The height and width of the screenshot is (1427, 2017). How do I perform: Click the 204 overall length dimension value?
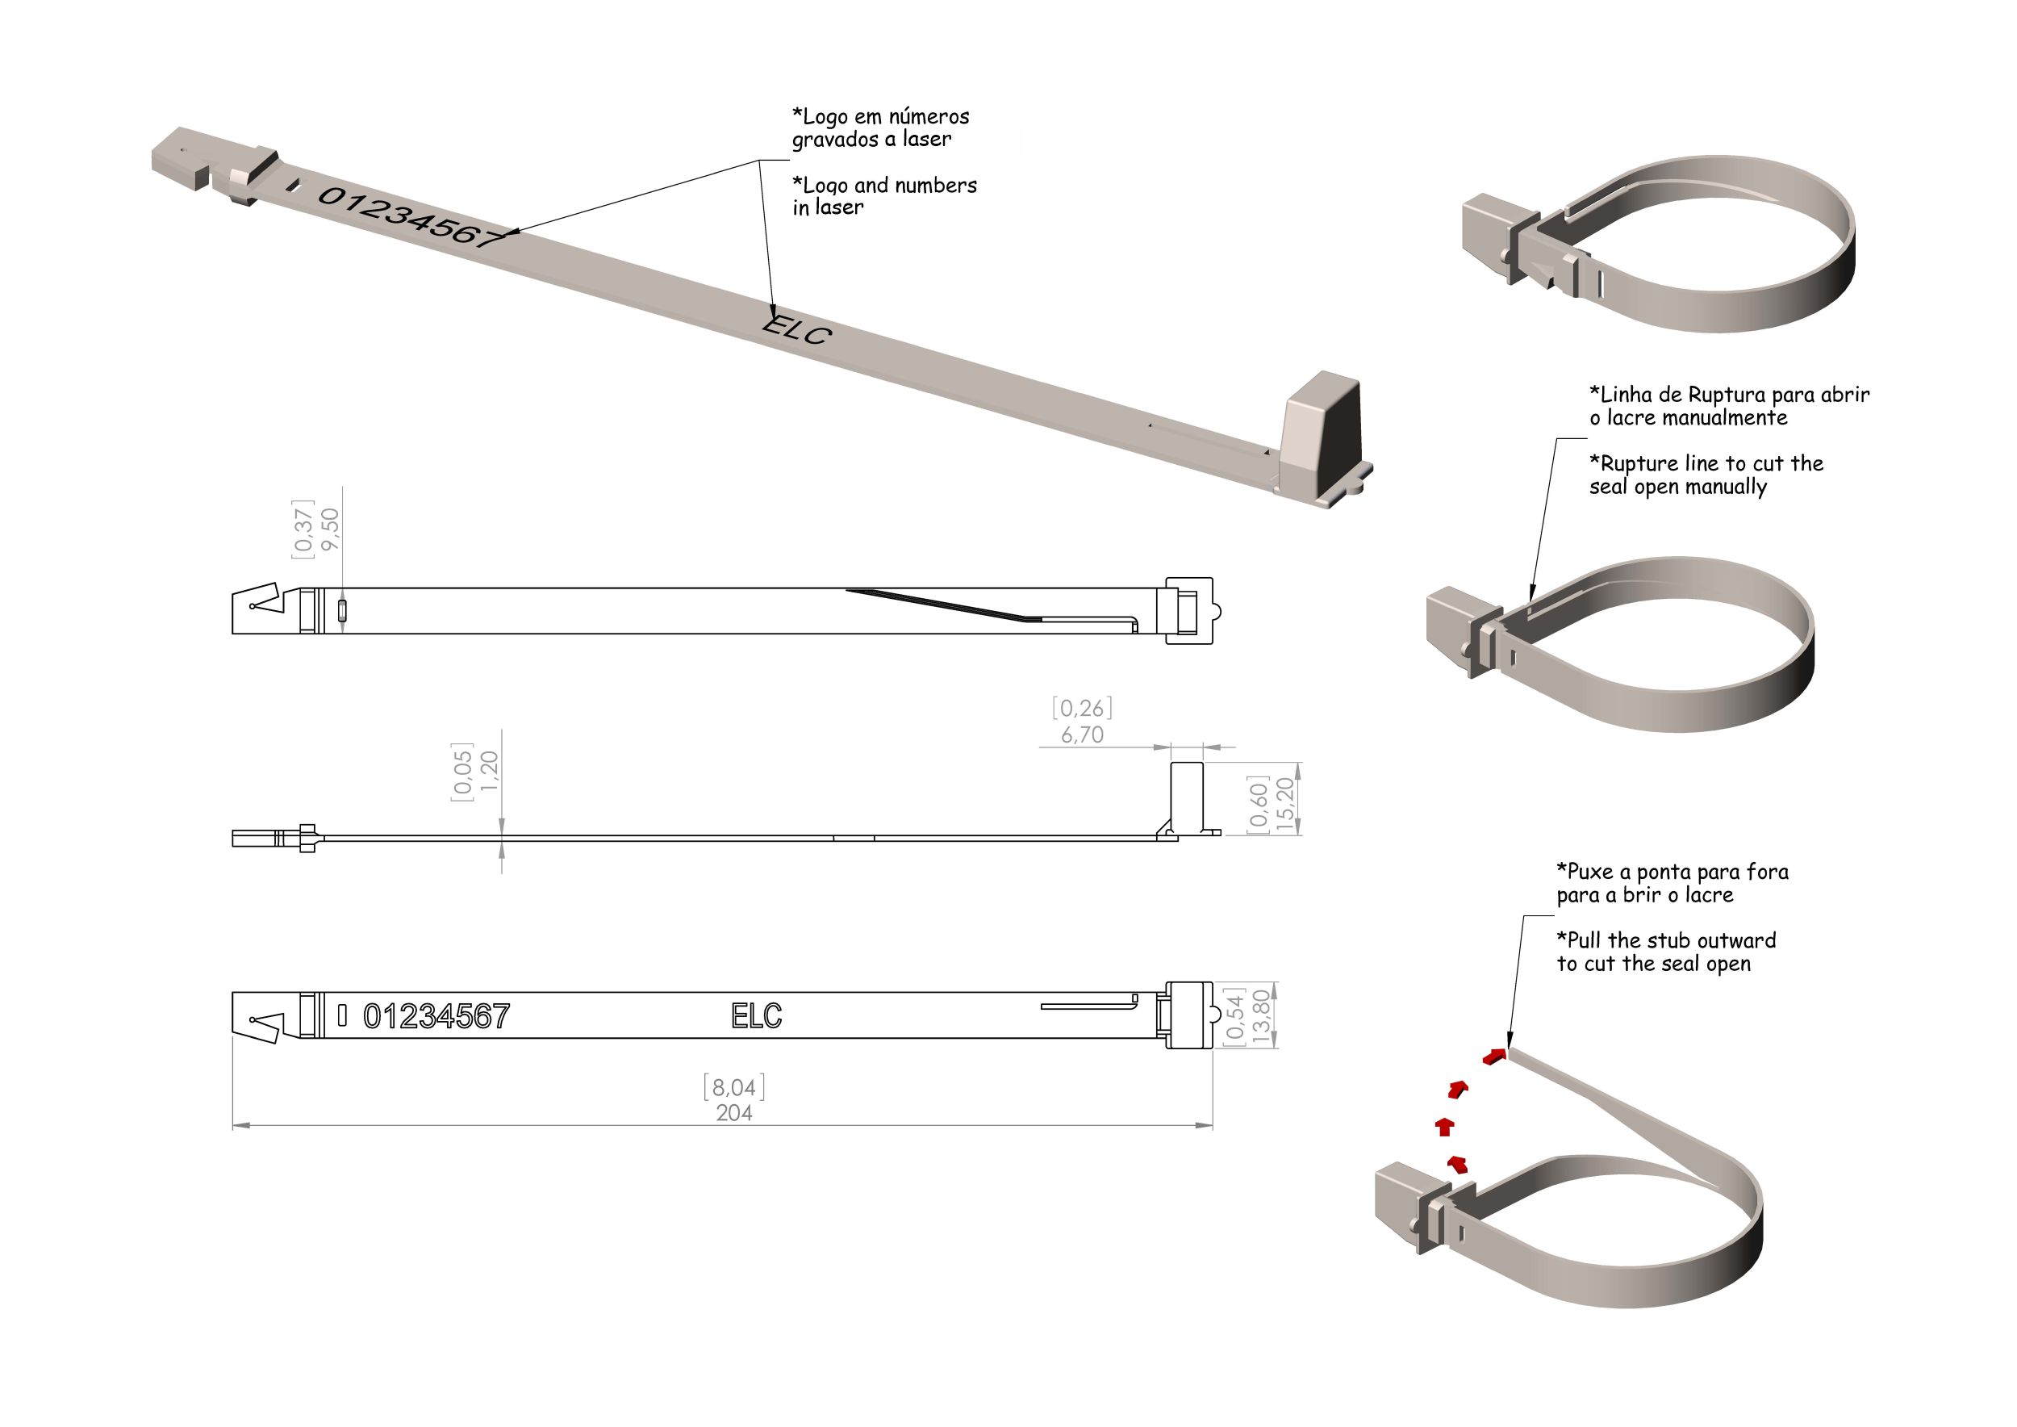click(733, 1113)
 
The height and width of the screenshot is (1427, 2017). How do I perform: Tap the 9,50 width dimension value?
click(330, 529)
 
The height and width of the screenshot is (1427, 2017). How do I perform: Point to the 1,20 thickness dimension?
click(489, 771)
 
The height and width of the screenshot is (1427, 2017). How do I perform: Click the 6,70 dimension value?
click(1081, 734)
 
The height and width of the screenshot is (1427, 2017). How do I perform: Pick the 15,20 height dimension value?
click(1285, 804)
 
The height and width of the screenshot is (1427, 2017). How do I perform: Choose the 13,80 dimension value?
click(1262, 1017)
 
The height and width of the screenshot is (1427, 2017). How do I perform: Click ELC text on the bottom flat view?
click(757, 1017)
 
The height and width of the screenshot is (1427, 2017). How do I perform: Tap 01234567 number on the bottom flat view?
click(436, 1017)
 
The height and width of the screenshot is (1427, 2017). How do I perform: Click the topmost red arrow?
click(1494, 1055)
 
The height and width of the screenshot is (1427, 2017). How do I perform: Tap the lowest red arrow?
click(1458, 1164)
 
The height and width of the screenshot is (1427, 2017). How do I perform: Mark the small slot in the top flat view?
click(342, 610)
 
